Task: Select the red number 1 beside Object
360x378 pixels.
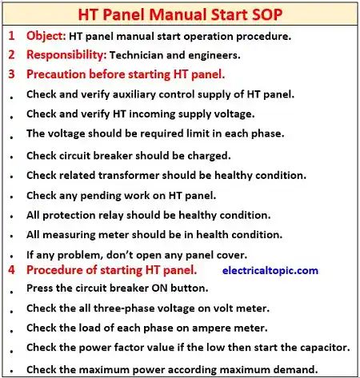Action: tap(11, 37)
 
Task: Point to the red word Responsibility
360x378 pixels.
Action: tap(66, 55)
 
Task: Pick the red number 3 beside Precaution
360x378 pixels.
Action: tap(11, 74)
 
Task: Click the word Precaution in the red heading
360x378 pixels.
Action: tap(61, 74)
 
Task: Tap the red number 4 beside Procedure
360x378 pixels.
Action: tap(11, 271)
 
